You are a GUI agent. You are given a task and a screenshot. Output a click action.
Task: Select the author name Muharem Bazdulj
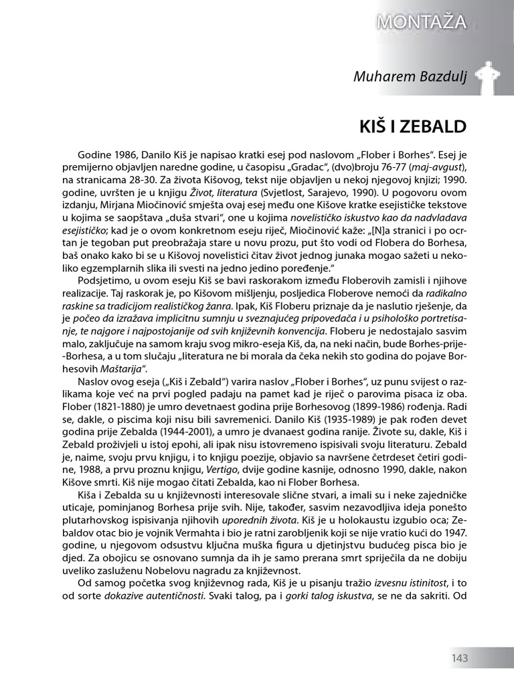click(x=409, y=76)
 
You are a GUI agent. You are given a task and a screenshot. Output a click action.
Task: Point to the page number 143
click(x=458, y=658)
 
